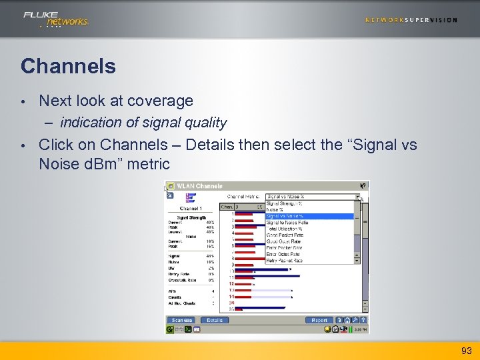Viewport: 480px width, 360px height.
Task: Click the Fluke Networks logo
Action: pyautogui.click(x=55, y=19)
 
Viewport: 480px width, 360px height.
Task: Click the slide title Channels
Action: pyautogui.click(x=68, y=66)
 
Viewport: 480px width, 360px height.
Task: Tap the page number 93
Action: pyautogui.click(x=465, y=351)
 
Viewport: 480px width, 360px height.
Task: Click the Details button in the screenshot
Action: pyautogui.click(x=215, y=320)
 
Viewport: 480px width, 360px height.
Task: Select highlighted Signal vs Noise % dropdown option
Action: pyautogui.click(x=285, y=216)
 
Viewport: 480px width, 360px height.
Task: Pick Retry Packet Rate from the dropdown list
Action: pyautogui.click(x=285, y=261)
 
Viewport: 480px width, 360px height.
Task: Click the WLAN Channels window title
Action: pyautogui.click(x=200, y=186)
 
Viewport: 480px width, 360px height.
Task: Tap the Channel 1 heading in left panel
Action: pyautogui.click(x=191, y=209)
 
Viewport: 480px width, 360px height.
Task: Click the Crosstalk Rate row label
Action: pyautogui.click(x=182, y=281)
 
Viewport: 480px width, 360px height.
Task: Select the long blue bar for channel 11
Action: pyautogui.click(x=273, y=277)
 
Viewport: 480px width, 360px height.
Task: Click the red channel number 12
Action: pyautogui.click(x=231, y=284)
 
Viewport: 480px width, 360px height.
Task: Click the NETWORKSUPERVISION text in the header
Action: pyautogui.click(x=411, y=20)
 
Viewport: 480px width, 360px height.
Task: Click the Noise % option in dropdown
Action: pyautogui.click(x=275, y=209)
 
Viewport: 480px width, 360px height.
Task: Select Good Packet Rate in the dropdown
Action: pyautogui.click(x=285, y=235)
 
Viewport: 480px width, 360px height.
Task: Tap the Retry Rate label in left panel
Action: pyautogui.click(x=179, y=274)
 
